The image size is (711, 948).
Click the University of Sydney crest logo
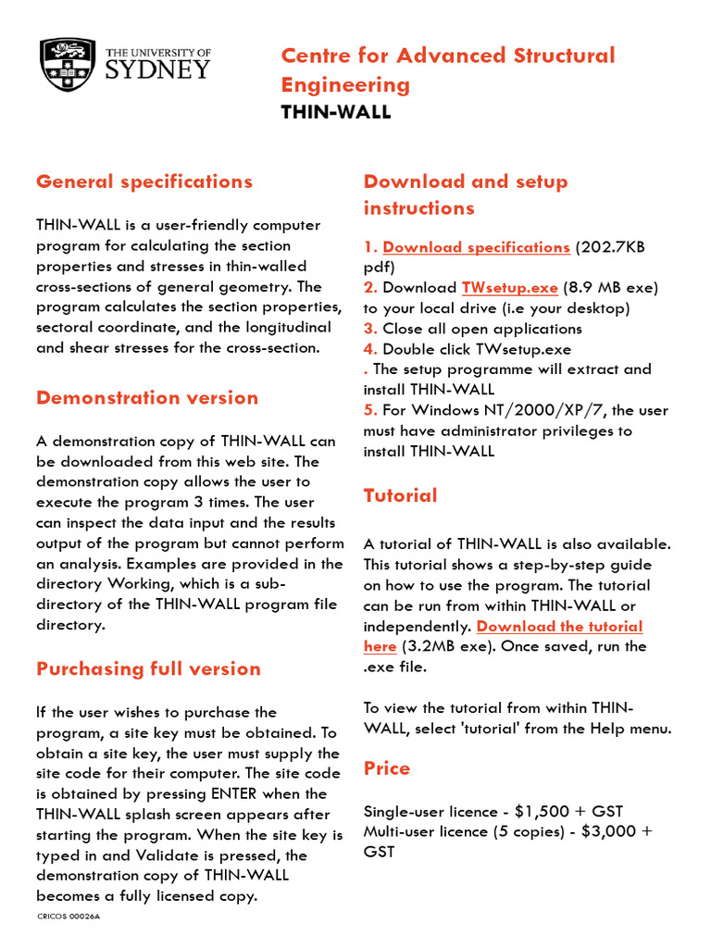click(x=68, y=65)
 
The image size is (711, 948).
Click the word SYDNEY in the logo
click(x=157, y=69)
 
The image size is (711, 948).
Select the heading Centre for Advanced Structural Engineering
click(x=447, y=70)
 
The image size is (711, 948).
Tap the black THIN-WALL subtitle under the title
click(x=336, y=112)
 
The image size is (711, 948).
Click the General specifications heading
click(x=143, y=181)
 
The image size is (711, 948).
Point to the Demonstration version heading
click(x=147, y=398)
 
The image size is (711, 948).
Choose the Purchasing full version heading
click(x=148, y=668)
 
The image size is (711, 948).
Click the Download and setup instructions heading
click(x=465, y=194)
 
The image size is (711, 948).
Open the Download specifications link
click(x=476, y=247)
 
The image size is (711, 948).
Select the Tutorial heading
click(x=400, y=495)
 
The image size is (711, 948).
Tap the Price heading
click(x=386, y=768)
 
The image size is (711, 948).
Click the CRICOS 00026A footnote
click(x=69, y=917)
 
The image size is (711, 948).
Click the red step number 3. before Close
click(x=370, y=329)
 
